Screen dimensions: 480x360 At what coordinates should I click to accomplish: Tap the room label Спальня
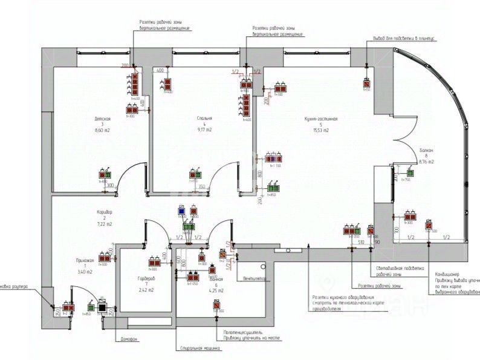204,119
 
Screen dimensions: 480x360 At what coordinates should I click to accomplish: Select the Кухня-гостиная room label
320,119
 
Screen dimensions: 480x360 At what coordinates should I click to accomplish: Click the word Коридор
104,212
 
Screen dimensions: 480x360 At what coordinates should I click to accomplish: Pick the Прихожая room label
85,260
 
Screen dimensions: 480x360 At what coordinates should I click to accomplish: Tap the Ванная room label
216,279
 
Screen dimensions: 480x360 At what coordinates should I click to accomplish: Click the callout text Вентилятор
255,279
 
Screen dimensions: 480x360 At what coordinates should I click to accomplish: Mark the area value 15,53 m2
320,130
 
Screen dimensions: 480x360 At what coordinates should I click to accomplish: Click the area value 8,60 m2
103,130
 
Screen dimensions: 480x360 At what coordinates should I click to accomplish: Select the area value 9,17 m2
204,130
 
